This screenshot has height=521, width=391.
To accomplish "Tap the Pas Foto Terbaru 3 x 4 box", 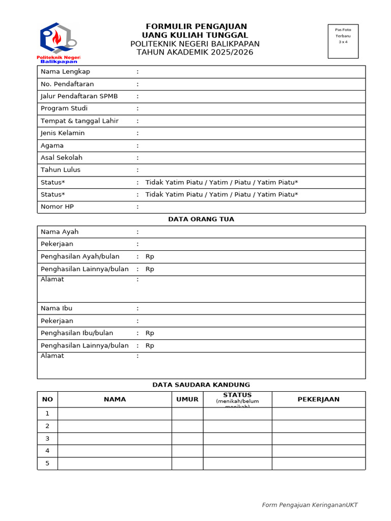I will coord(343,41).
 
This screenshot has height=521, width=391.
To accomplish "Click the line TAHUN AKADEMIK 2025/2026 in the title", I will coord(195,52).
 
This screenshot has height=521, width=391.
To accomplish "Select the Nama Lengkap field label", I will coord(65,72).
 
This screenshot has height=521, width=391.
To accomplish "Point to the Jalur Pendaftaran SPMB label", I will coord(79,96).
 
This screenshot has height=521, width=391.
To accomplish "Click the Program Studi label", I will coord(64,108).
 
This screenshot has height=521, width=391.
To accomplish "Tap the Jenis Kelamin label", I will coord(63,133).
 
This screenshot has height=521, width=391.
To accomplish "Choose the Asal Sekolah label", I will coord(62,158).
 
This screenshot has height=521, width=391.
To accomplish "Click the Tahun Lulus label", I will coord(61,170).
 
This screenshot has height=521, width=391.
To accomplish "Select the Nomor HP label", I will coord(58,207).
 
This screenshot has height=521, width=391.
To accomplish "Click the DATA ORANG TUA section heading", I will coord(201,219).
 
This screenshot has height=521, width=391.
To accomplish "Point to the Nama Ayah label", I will coord(60,232).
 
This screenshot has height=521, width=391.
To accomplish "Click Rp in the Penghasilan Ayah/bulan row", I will coord(150,256).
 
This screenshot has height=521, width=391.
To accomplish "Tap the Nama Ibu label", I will coord(57,308).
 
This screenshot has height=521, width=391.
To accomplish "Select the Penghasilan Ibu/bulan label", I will coord(77,333).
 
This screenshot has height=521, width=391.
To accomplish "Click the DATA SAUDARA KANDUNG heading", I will coord(201,385).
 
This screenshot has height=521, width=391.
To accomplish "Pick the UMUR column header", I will coord(187,399).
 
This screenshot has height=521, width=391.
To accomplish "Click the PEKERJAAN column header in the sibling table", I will coord(318,399).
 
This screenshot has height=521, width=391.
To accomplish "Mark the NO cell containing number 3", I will coord(47,439).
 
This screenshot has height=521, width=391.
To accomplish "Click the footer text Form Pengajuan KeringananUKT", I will coord(310,505).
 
